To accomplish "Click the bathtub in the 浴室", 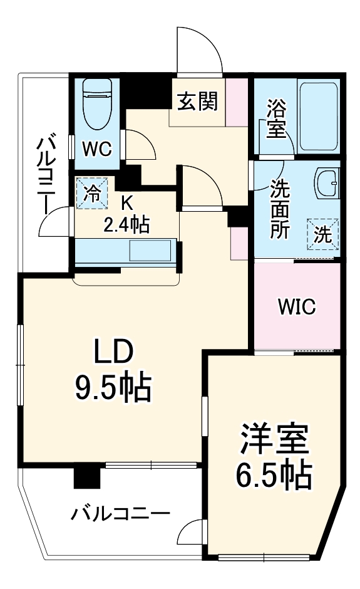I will (x=319, y=117).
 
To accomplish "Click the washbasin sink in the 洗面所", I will (x=327, y=183).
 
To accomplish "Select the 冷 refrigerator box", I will (x=91, y=192).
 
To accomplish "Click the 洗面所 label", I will (x=280, y=209).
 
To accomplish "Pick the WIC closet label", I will (x=297, y=307).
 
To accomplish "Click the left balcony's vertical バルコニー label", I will (x=46, y=169).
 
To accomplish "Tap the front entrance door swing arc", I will (x=199, y=50).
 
